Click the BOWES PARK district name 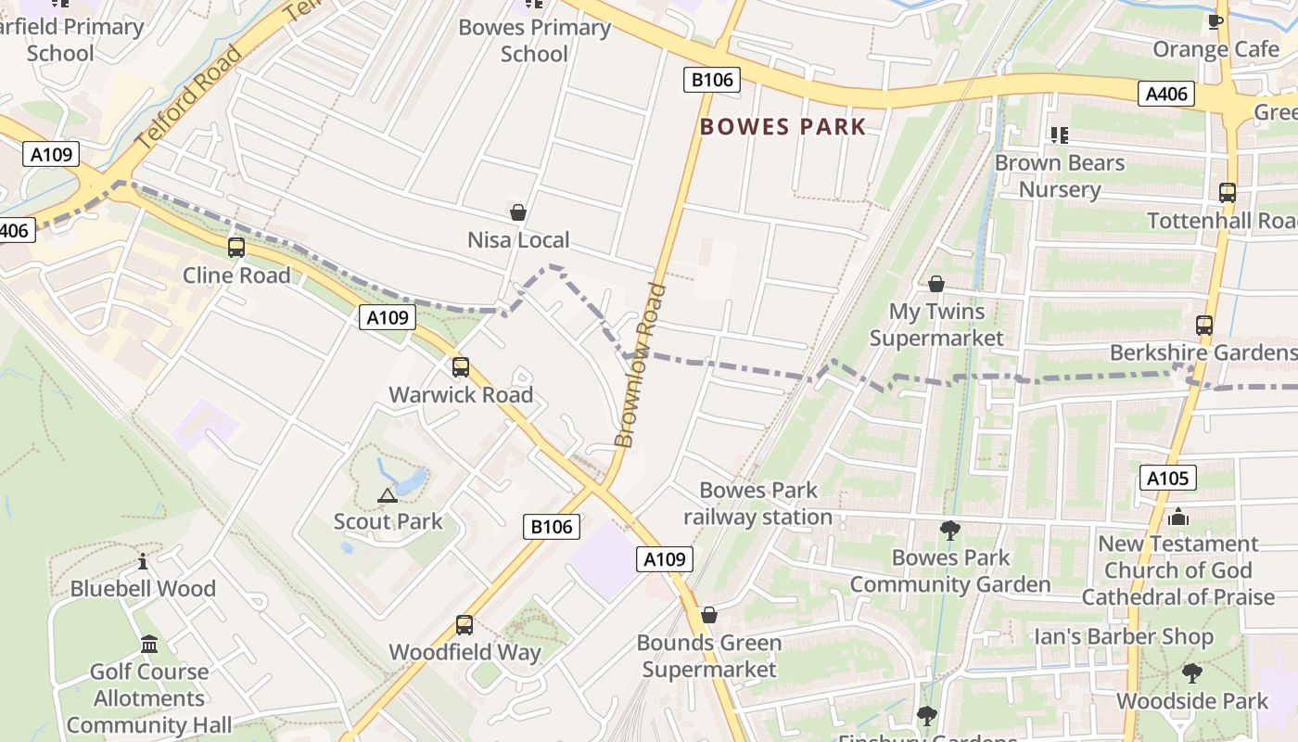(x=783, y=127)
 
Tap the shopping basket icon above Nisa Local (x=518, y=213)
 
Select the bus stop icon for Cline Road (x=236, y=248)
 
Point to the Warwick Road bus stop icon (x=461, y=367)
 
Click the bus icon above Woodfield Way (x=464, y=625)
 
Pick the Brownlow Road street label (x=642, y=365)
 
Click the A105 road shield (x=1167, y=479)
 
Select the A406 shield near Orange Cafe (x=1167, y=94)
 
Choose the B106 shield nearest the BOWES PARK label (x=712, y=80)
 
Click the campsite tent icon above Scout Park (x=388, y=495)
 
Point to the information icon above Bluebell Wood (x=143, y=562)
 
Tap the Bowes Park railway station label (x=758, y=504)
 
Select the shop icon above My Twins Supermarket (x=936, y=284)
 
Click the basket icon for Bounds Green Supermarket (x=709, y=615)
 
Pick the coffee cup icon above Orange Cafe (x=1215, y=21)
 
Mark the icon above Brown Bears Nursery (x=1060, y=135)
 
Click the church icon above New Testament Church (x=1178, y=517)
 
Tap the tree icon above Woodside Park (x=1191, y=673)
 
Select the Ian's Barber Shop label (x=1124, y=637)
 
